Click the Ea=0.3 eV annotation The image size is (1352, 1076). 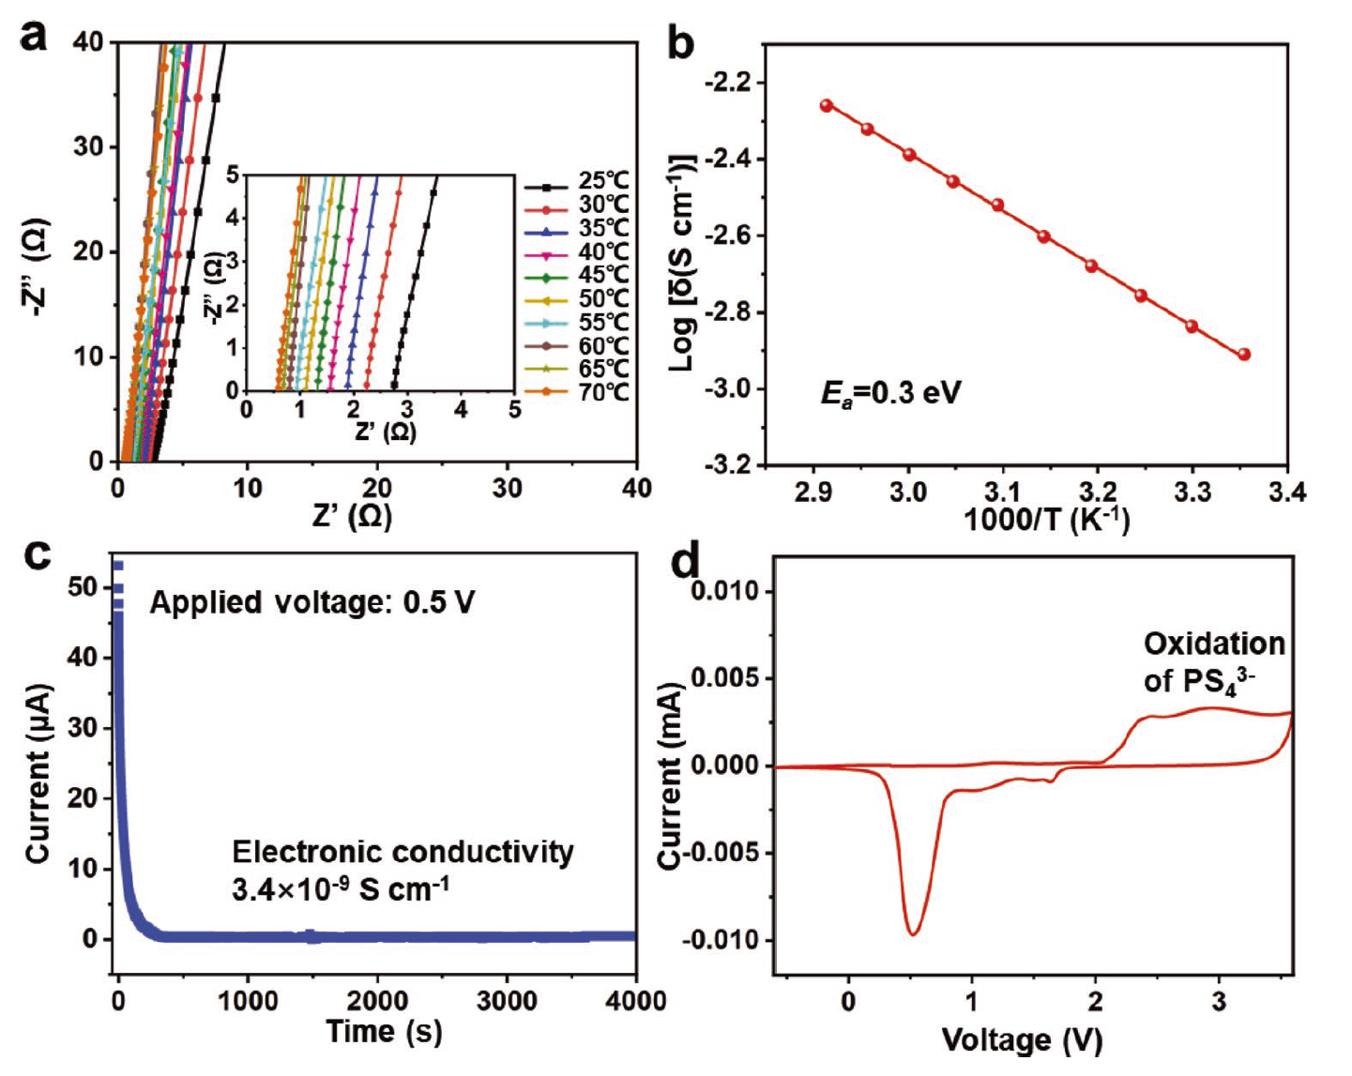click(890, 392)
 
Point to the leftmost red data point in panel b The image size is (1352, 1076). click(827, 106)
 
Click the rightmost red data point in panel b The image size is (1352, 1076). click(1244, 355)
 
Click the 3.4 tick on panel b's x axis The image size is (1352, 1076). click(1286, 493)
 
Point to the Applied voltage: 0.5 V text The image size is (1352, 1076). click(311, 602)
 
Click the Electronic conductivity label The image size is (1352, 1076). click(403, 852)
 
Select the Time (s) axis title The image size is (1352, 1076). click(384, 1032)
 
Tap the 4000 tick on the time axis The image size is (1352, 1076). click(636, 1001)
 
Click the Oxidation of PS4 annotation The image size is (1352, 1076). click(1213, 662)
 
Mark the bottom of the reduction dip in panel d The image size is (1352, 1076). click(913, 933)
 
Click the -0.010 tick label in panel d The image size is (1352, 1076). click(720, 940)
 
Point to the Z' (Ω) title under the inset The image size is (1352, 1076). click(386, 432)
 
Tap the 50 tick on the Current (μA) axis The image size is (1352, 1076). click(83, 588)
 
